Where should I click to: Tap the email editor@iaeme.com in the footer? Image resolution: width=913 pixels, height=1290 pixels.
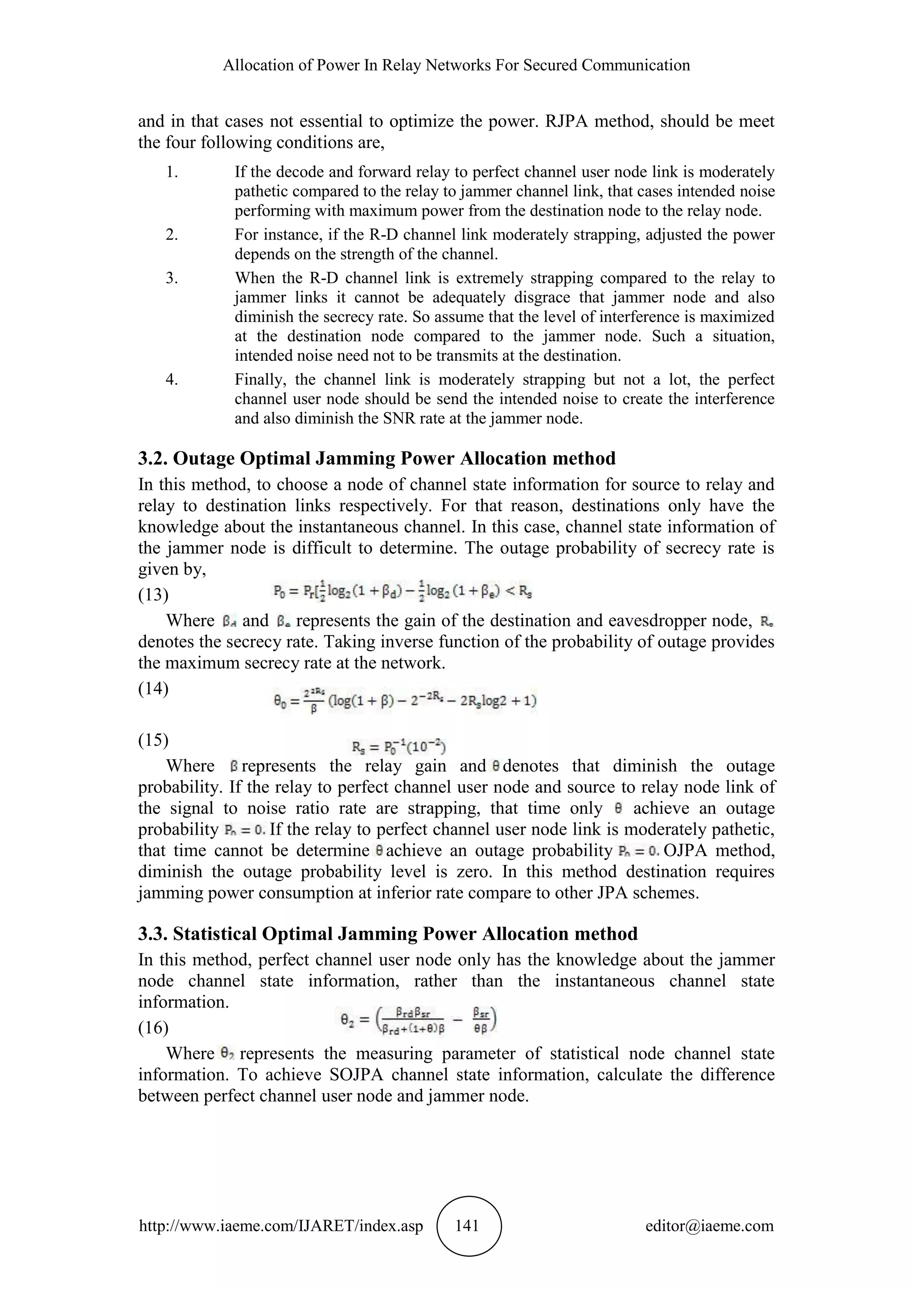click(709, 1226)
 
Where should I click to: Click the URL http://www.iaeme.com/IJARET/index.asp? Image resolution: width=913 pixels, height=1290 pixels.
click(280, 1226)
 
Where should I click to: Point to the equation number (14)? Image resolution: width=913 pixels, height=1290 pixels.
click(153, 688)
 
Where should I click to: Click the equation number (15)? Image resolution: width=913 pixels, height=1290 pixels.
click(153, 740)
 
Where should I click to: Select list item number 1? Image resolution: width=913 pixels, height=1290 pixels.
click(172, 172)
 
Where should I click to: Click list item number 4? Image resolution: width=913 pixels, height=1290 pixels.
click(172, 380)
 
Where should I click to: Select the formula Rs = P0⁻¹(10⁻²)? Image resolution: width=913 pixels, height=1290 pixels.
click(399, 747)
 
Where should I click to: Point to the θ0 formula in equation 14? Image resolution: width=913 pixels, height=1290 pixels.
click(405, 701)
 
